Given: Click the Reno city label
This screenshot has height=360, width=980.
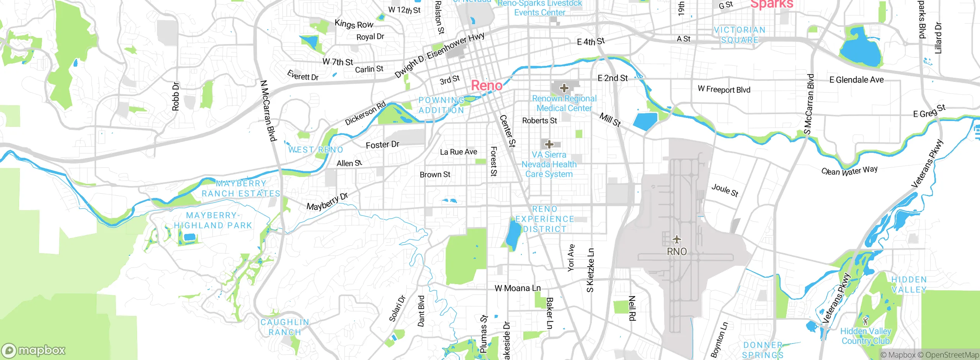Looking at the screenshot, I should (487, 85).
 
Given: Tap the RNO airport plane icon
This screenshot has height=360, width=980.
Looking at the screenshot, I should (677, 240).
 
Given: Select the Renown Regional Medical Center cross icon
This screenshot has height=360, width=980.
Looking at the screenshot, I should (564, 88).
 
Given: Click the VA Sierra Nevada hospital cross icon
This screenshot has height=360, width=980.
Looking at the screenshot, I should (549, 144).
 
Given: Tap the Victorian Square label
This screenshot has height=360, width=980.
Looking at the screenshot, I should (739, 35).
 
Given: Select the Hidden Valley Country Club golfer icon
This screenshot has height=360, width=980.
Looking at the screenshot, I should (866, 320).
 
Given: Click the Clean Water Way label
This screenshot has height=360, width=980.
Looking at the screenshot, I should (849, 170).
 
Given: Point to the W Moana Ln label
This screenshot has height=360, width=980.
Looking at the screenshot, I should (518, 288).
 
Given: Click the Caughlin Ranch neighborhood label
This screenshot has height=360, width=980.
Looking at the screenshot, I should (285, 327).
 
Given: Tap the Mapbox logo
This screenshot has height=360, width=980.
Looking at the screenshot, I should (34, 350).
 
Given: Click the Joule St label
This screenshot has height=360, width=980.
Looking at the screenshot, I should (725, 190).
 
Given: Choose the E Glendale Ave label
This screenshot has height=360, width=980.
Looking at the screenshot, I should (856, 80).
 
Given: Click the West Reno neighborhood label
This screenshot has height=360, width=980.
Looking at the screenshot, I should (315, 150).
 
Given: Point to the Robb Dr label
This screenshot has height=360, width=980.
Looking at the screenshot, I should (175, 96).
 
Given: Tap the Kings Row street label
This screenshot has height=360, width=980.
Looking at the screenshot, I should (354, 24).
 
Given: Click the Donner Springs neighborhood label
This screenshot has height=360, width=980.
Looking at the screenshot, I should (763, 350).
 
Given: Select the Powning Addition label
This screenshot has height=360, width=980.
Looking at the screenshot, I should (441, 105).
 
